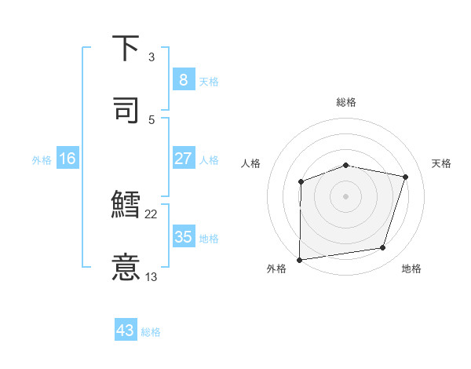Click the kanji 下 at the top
pos(126,49)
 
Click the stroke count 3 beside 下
pos(152,57)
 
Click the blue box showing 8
pos(183,79)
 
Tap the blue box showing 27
pos(183,159)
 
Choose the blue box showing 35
pos(183,237)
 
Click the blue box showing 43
pos(126,331)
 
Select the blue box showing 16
pos(68,159)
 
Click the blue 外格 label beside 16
pos(42,160)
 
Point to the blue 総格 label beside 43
pos(151,332)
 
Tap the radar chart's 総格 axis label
pos(346,103)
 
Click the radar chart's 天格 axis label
pos(442,163)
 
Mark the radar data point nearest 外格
pos(300,259)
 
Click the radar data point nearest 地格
pos(383,248)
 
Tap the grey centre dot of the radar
pos(346,195)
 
